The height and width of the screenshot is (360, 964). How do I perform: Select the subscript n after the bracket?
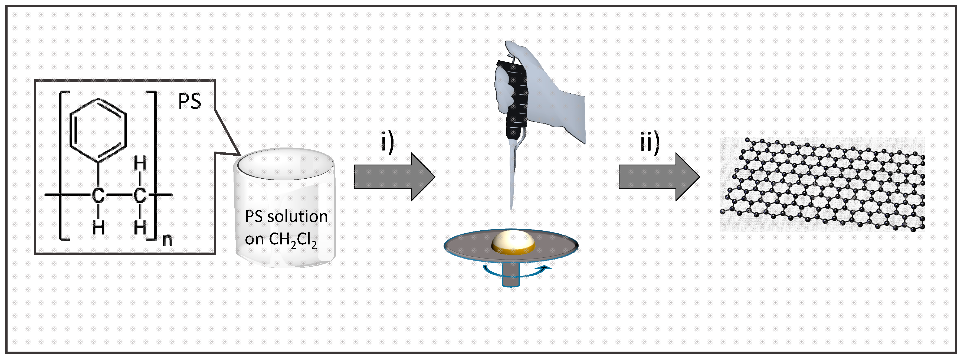pos(167,240)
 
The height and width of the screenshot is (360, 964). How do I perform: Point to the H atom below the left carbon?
pos(99,227)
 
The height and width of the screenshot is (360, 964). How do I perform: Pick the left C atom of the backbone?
pos(99,195)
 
